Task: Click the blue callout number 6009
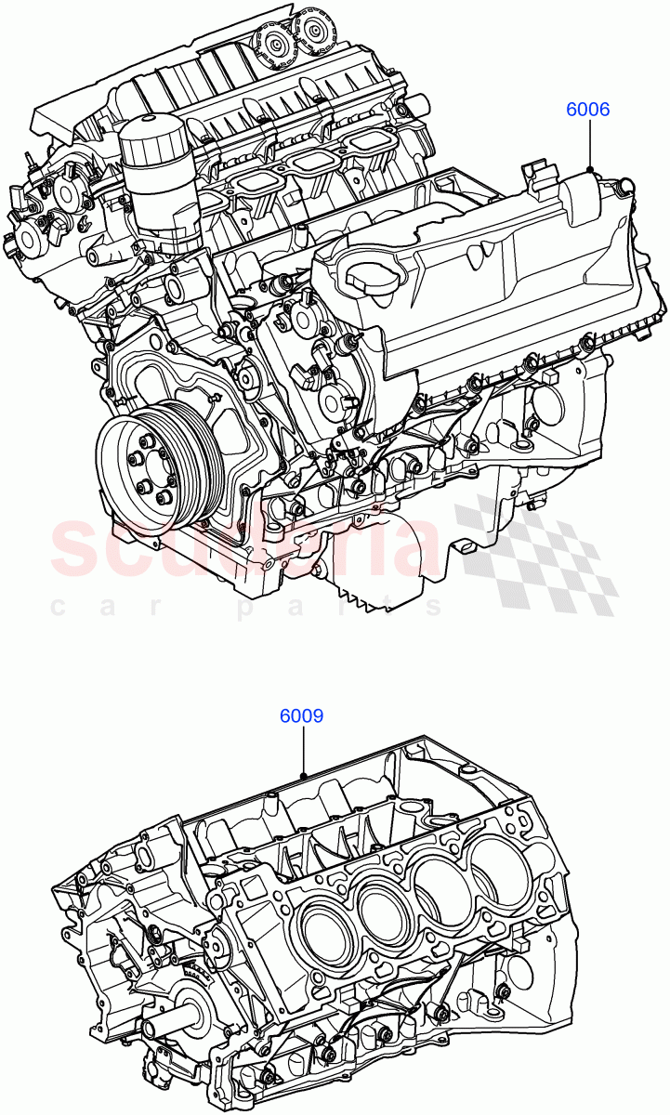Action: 302,716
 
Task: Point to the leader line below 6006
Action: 590,145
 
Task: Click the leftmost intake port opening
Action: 249,182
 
